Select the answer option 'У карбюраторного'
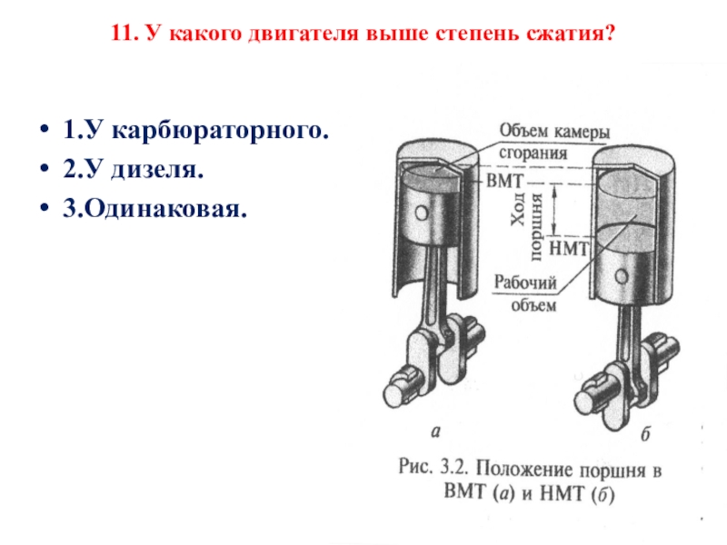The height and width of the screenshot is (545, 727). pos(194,131)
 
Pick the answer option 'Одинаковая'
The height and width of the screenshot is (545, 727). pos(154,210)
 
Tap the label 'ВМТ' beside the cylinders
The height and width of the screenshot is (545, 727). pos(505,180)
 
